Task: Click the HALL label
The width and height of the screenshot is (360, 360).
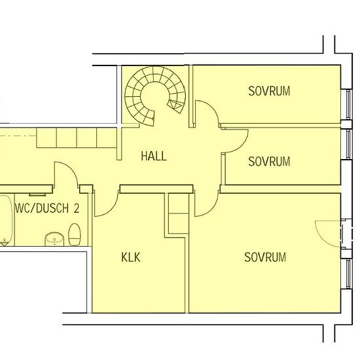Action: [154, 156]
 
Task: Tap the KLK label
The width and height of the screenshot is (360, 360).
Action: [131, 257]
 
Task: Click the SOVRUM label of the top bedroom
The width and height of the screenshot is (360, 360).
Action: [269, 91]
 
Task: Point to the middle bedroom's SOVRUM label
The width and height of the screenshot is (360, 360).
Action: [269, 162]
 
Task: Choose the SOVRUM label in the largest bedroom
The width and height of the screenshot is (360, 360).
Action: [265, 257]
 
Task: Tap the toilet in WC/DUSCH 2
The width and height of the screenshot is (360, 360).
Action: [75, 234]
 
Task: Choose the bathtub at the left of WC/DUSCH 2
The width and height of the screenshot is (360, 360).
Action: [5, 219]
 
